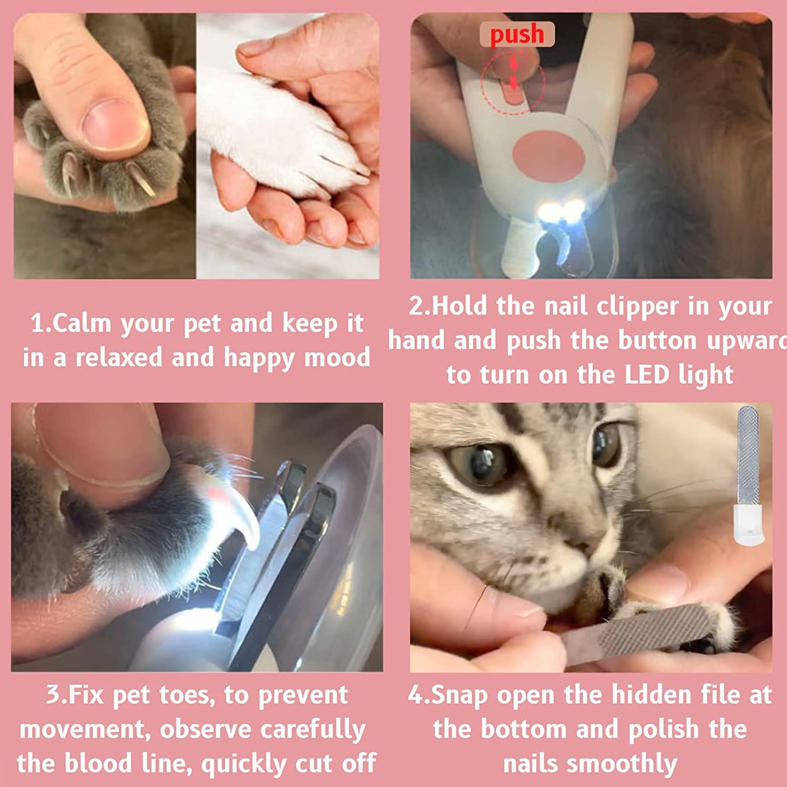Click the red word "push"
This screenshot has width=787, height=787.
pos(517,35)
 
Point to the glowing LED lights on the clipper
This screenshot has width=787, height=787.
pos(560,212)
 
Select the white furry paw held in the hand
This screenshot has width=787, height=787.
pos(278,131)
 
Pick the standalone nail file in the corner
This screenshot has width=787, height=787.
pos(749,475)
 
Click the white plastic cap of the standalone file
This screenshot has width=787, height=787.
pos(749,524)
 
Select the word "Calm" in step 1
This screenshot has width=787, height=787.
pos(81,323)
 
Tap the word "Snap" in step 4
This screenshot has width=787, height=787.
pos(459,696)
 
